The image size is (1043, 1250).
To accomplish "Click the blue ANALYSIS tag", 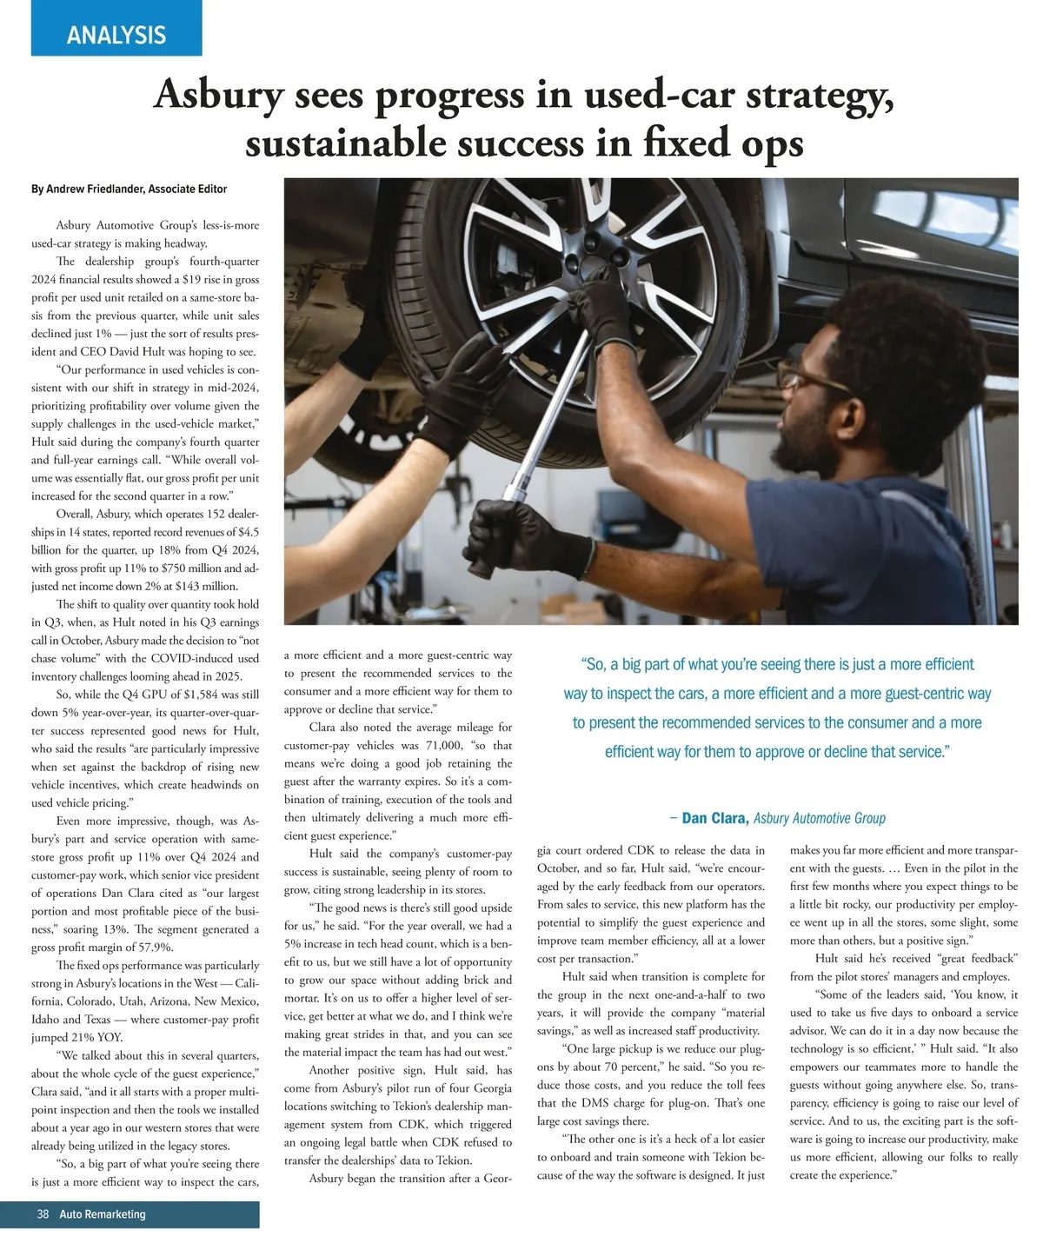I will coord(116,35).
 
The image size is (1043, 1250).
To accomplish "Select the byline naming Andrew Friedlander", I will coord(129,189).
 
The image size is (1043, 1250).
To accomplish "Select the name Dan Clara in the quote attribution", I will coord(715,818).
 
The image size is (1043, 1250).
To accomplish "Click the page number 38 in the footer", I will coord(43,1214).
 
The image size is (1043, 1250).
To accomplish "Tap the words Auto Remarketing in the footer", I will coord(103,1214).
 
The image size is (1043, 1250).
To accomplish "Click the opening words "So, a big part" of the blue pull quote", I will coord(630,665).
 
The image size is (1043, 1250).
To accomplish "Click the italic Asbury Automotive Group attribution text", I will coord(820,818).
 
